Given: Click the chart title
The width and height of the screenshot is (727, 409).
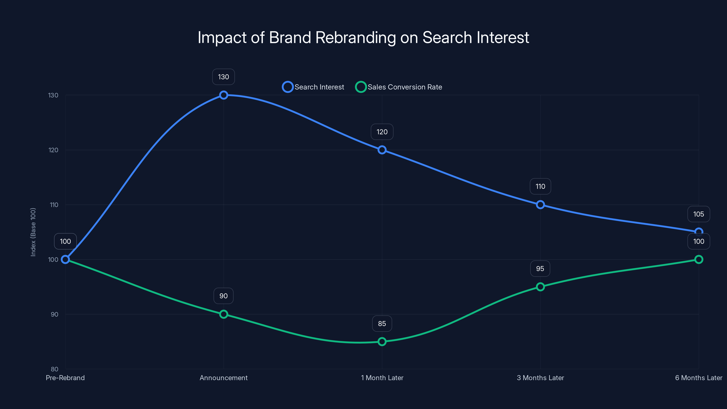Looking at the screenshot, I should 363,37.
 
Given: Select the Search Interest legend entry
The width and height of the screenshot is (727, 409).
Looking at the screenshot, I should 313,87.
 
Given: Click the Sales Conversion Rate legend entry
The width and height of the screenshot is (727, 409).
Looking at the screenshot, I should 399,87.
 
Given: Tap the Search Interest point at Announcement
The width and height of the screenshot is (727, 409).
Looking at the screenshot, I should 224,95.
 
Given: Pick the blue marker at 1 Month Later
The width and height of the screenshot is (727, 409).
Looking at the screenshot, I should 382,150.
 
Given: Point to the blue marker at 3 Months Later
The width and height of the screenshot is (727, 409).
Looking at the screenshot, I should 540,205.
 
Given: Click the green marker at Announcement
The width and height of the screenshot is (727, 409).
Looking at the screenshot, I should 224,314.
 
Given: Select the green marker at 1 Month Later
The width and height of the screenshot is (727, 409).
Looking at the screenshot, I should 382,342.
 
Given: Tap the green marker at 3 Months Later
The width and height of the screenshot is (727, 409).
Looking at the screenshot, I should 540,287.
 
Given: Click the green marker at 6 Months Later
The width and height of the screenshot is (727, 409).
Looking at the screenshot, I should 699,259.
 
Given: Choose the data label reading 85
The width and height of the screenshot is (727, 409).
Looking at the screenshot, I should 382,324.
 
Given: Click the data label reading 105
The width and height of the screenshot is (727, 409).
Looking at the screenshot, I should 699,214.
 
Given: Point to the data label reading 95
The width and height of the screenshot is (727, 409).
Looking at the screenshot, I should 540,268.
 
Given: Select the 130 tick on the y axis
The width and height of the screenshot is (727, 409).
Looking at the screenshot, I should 53,95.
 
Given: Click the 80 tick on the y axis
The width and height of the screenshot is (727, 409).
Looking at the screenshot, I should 55,369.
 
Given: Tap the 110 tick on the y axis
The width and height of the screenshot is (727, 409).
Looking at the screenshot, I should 54,205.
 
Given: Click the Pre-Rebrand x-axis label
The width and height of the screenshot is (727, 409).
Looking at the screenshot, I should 65,378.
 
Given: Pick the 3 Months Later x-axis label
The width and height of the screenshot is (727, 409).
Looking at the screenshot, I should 540,378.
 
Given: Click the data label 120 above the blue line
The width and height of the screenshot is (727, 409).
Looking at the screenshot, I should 382,132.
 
